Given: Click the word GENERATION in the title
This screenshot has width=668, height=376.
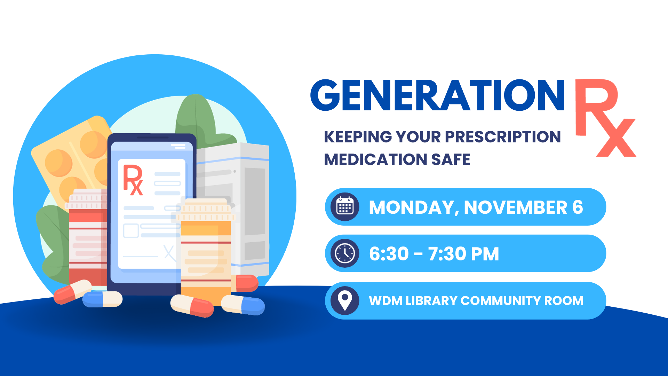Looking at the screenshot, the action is pos(437,95).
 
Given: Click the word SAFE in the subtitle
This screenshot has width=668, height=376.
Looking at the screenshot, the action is pos(451,159).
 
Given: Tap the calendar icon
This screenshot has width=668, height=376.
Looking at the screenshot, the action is pos(345,207).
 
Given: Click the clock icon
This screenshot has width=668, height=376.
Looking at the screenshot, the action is pos(345,253).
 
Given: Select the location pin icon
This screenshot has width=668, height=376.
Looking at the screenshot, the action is pos(345,300).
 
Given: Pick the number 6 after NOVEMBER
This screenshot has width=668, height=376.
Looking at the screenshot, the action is pos(578,207).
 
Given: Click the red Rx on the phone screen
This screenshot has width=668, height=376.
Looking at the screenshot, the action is pos(133,180).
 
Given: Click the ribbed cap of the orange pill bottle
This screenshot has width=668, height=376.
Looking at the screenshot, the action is pos(206,210).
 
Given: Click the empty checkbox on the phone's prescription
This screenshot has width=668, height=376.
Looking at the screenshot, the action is pos(131,230).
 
